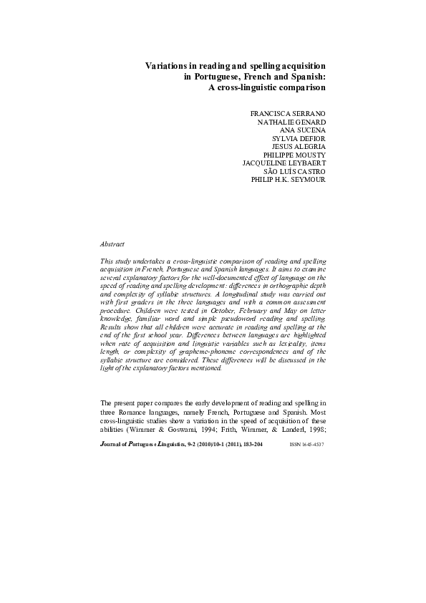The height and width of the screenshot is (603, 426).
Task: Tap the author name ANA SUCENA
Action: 304,131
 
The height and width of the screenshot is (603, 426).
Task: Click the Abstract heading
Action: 112,245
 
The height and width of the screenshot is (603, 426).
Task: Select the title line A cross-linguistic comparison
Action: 266,87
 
